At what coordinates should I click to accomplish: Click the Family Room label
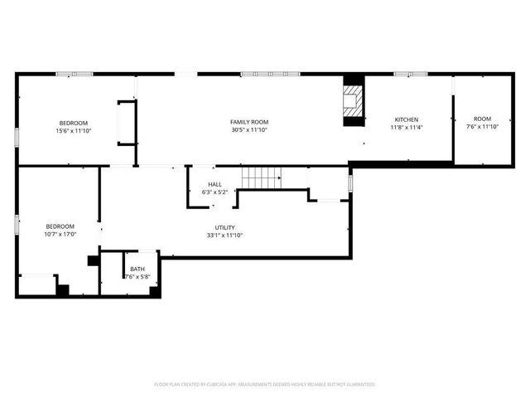tap(248, 122)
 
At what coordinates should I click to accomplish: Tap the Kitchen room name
tap(406, 119)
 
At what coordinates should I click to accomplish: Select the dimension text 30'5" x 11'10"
tap(248, 130)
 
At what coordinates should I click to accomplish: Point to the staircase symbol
tap(261, 177)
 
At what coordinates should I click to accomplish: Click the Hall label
tap(214, 184)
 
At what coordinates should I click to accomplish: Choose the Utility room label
tap(224, 227)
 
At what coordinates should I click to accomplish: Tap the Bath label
tap(137, 269)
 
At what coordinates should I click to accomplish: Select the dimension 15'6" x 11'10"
tap(73, 130)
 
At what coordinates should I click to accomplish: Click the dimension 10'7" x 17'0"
tap(60, 235)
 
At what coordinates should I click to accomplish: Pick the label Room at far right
tap(482, 119)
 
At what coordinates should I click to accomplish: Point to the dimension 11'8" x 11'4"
tap(406, 128)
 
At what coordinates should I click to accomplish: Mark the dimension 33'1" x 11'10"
tap(224, 235)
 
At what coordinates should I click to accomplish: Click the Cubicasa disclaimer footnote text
tap(265, 384)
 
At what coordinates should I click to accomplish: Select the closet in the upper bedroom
tap(127, 122)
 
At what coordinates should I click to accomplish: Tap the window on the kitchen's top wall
tap(405, 75)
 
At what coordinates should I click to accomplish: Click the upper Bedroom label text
tap(73, 122)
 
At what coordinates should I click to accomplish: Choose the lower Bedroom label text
tap(60, 226)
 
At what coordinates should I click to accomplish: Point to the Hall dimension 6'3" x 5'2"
tap(214, 192)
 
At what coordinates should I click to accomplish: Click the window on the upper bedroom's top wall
tap(74, 75)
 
